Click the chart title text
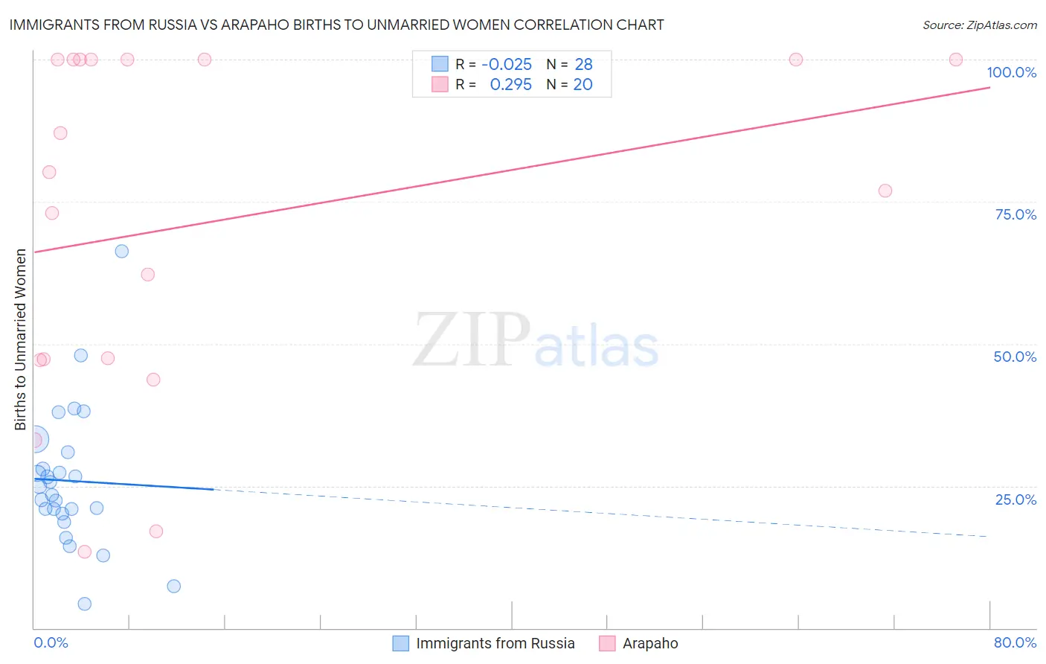(336, 25)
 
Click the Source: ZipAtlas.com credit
(979, 25)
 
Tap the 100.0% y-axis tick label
(1011, 72)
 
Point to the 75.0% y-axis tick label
(1015, 214)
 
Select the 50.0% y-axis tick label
(1015, 357)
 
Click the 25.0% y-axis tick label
(1015, 499)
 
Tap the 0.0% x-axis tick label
(51, 642)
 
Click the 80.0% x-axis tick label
(1015, 642)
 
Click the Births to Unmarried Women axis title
(20, 339)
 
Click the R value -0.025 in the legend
(507, 65)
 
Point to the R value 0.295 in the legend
(510, 85)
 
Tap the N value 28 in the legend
(583, 65)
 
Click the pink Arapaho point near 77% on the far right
(885, 191)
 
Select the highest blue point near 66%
(122, 251)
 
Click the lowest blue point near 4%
(85, 604)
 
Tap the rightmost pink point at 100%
(956, 60)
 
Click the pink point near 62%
(148, 275)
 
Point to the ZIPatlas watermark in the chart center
(536, 340)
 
